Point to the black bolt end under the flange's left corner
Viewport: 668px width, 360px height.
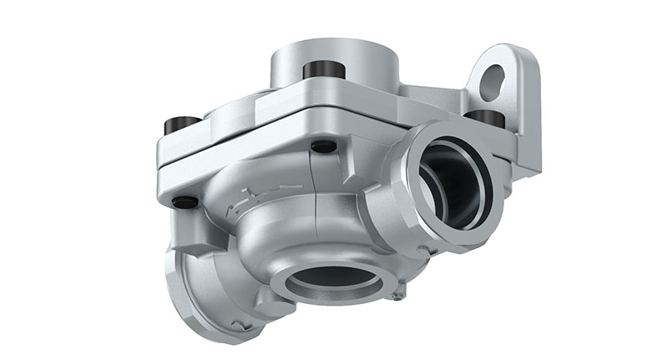tap(185, 201)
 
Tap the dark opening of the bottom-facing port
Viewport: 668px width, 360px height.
tap(332, 281)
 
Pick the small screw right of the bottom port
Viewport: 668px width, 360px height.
tap(402, 292)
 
